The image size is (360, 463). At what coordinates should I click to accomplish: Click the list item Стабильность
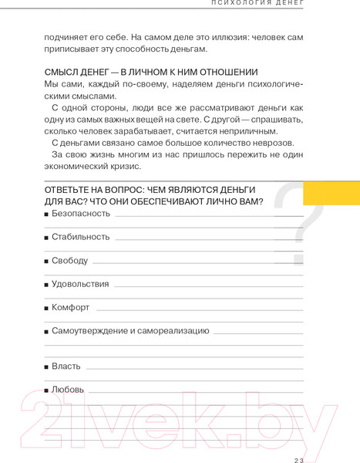(81, 236)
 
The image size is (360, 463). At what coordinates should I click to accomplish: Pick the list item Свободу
(70, 260)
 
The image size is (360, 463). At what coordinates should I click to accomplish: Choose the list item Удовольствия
(80, 284)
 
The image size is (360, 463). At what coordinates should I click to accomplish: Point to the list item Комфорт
(71, 307)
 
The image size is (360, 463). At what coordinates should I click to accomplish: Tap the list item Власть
(66, 366)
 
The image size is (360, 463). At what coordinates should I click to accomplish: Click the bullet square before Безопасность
(47, 214)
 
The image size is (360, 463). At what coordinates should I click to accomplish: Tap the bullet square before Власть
(47, 367)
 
